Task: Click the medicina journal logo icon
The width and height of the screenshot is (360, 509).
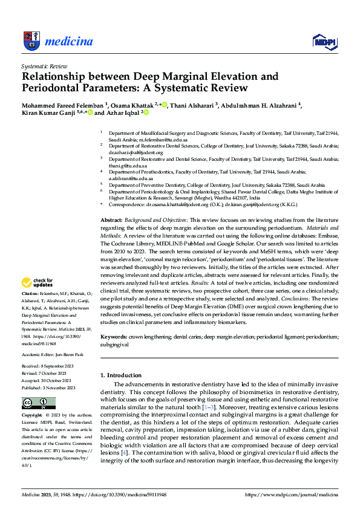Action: [31, 41]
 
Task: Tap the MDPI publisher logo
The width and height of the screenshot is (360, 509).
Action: [323, 41]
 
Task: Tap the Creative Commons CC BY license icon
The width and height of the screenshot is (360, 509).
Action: [38, 403]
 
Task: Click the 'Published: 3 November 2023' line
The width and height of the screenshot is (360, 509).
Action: [46, 387]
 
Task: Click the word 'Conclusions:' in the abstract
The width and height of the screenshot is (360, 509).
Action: [283, 299]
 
